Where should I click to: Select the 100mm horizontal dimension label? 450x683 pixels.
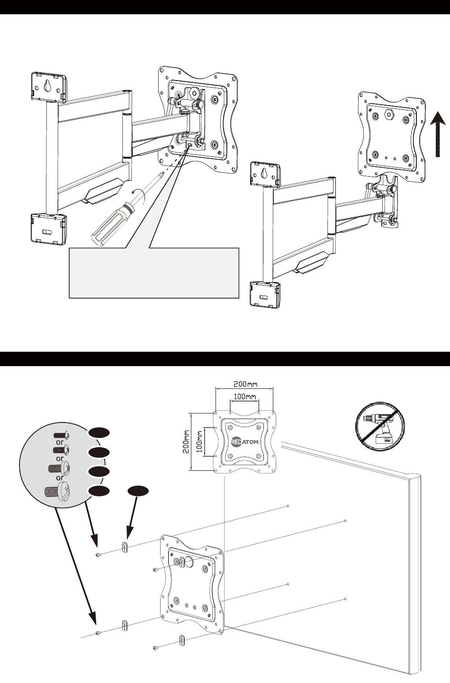pos(244,396)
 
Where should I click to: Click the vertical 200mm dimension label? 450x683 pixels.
pos(187,442)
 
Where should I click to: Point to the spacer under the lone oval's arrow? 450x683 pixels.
pos(125,548)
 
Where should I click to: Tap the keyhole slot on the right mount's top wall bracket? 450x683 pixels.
pos(263,174)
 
